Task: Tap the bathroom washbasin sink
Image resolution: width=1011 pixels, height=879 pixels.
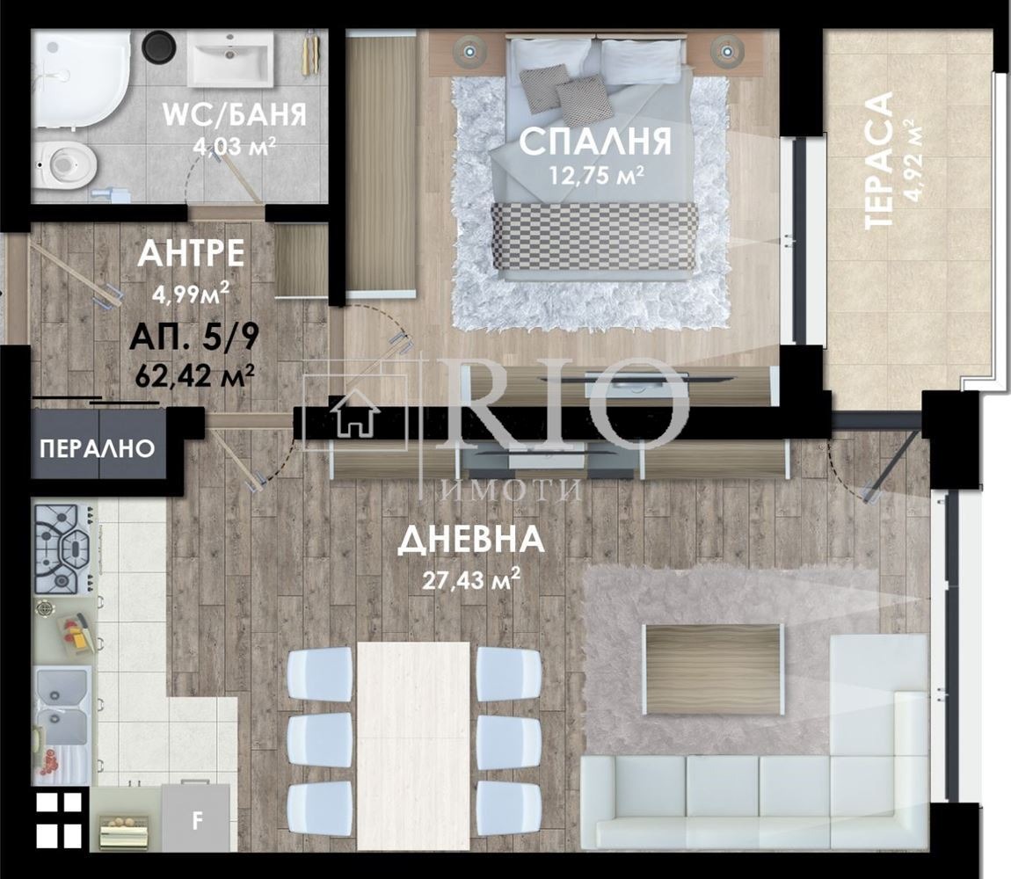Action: (231, 59)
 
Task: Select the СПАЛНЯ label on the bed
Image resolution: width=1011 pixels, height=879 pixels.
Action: (595, 142)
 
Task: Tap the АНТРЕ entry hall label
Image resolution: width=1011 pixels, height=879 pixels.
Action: (191, 253)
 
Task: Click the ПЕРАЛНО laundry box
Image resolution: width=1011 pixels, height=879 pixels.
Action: (98, 448)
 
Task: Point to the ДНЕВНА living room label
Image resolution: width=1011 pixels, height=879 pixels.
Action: (470, 541)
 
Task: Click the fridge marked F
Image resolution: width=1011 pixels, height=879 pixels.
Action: (197, 820)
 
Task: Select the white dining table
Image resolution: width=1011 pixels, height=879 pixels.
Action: (413, 746)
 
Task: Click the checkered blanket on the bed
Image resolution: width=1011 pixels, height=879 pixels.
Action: (593, 236)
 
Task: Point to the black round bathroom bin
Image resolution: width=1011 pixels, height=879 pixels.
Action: (159, 47)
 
